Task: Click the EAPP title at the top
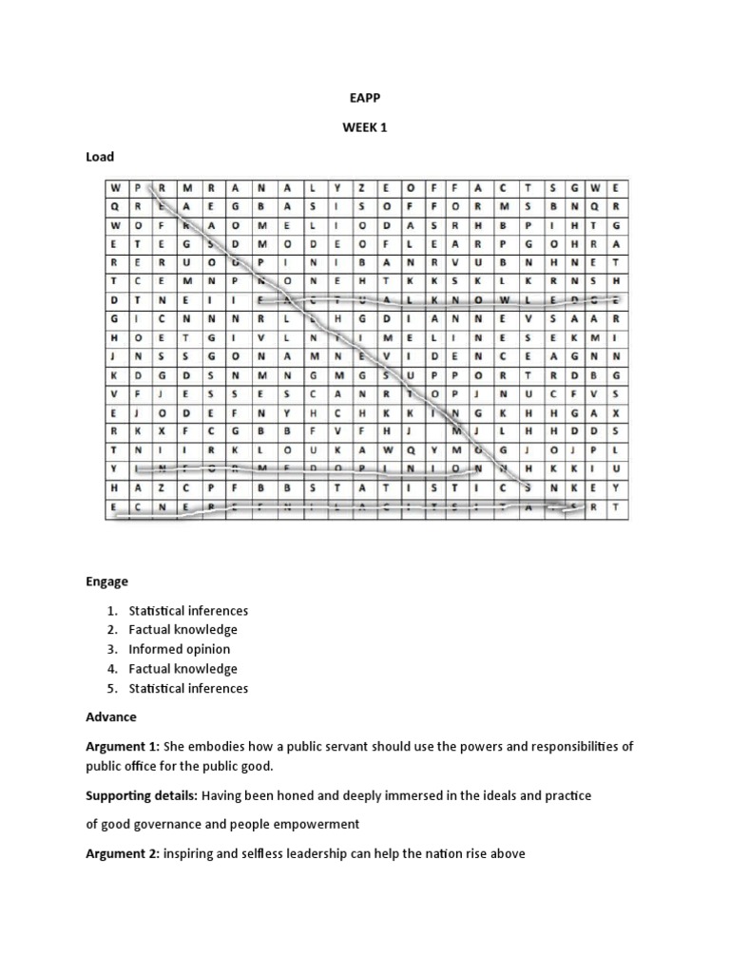tap(365, 96)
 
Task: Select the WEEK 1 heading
tap(365, 126)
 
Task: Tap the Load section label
tap(100, 157)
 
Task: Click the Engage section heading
tap(106, 581)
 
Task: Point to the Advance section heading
tap(111, 716)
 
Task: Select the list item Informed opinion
tap(180, 649)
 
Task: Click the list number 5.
tap(110, 688)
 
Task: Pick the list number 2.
tap(110, 629)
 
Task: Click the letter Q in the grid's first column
tap(113, 205)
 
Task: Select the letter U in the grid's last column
tap(616, 468)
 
